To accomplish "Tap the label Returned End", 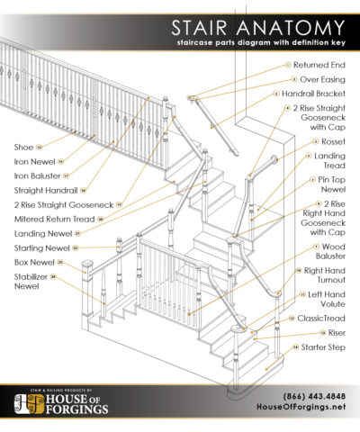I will (321, 66).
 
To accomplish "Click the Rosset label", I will (330, 141).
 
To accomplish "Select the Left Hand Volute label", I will (328, 300).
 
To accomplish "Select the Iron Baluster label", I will (36, 175).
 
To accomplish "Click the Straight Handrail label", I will (44, 190).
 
